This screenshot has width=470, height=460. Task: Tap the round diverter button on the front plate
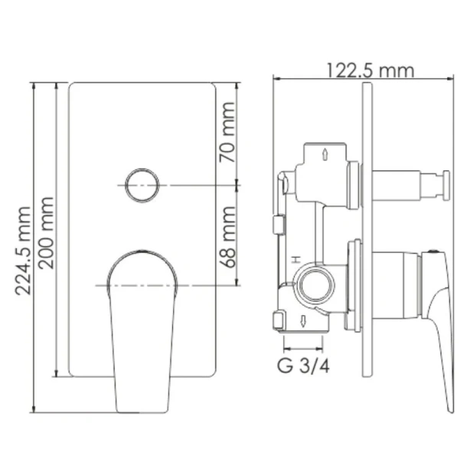click(x=142, y=185)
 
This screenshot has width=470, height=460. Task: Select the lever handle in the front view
click(x=143, y=322)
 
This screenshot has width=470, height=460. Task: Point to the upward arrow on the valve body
click(x=327, y=155)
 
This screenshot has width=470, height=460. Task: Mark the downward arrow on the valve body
click(x=305, y=320)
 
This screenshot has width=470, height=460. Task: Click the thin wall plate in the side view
click(x=368, y=230)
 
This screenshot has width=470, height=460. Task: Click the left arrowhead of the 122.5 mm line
click(x=277, y=77)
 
